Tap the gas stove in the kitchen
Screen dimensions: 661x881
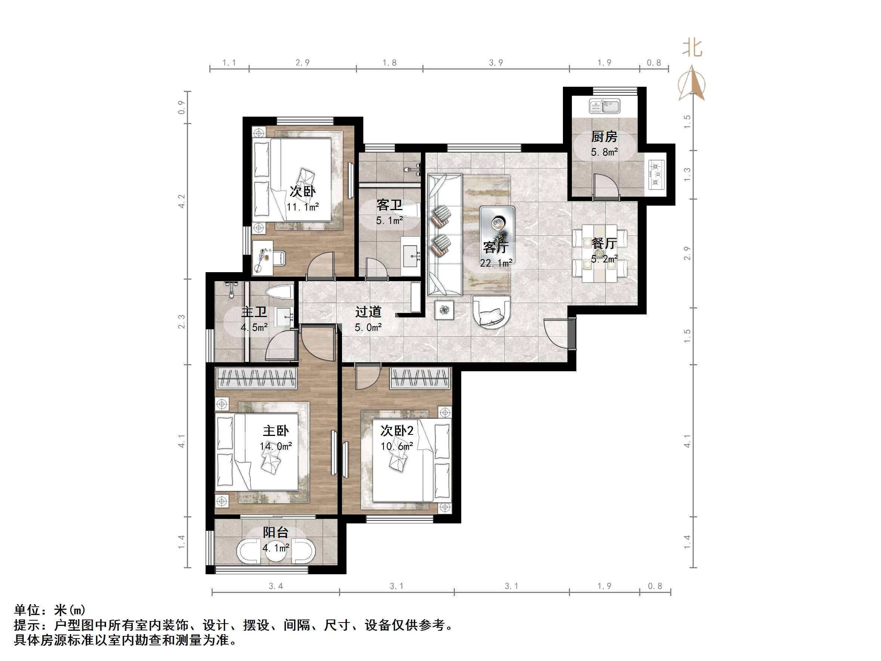click(x=656, y=174)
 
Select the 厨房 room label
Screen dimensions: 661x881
click(x=604, y=137)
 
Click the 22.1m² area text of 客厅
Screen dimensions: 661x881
click(x=496, y=263)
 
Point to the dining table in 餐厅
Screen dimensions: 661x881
click(x=600, y=253)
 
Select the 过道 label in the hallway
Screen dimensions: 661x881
click(x=368, y=311)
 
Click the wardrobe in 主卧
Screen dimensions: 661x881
click(x=256, y=378)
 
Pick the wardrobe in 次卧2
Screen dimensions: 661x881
click(x=420, y=378)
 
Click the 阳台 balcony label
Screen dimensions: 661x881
click(x=275, y=532)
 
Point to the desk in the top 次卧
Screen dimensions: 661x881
click(x=263, y=257)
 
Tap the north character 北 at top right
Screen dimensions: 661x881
click(x=692, y=48)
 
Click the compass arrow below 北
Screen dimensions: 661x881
click(x=692, y=83)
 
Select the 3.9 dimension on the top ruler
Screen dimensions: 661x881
click(x=496, y=62)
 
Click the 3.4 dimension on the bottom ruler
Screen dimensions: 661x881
click(x=275, y=586)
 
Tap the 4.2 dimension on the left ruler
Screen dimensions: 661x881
click(x=182, y=201)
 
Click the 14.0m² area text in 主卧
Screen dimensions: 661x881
click(x=275, y=446)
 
